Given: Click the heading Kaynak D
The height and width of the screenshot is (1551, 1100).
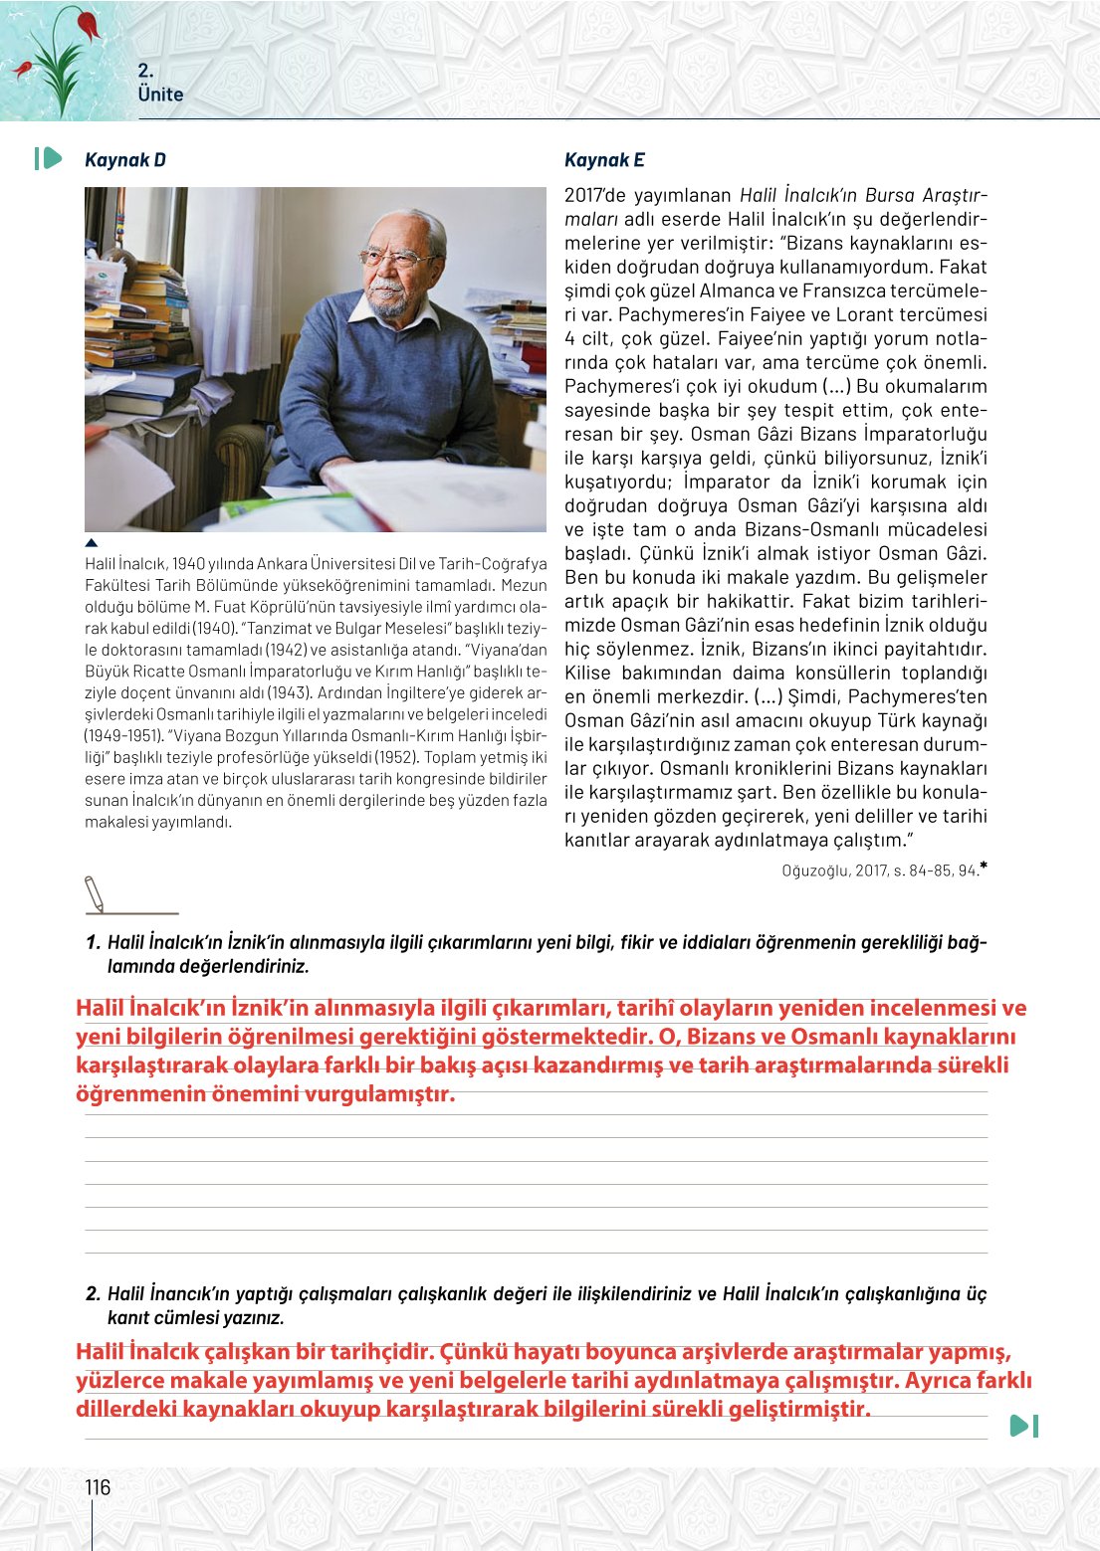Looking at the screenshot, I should coord(124,160).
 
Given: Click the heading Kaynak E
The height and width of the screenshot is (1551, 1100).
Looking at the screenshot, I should coord(604,160).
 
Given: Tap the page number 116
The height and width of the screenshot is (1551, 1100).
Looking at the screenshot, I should coord(98,1487).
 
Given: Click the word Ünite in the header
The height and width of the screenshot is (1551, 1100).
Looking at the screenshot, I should coord(160,95).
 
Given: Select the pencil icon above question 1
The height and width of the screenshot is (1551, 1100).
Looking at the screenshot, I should coord(95,893).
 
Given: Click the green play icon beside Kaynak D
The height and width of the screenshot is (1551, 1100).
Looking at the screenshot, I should coord(49,158).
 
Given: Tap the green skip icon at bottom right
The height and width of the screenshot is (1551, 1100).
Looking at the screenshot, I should coord(1023,1426).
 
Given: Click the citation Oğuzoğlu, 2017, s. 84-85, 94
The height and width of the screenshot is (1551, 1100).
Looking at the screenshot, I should coord(880,871).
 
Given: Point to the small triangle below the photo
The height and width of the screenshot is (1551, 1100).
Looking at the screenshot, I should coord(92,543).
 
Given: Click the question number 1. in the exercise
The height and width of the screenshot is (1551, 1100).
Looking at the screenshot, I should coord(93,942).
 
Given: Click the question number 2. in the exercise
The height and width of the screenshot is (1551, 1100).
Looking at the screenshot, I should coord(93,1293).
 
